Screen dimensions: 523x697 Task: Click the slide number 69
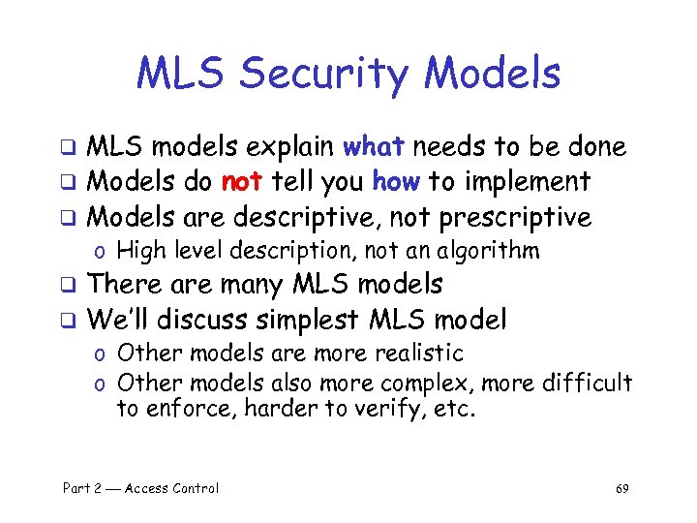point(621,488)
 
